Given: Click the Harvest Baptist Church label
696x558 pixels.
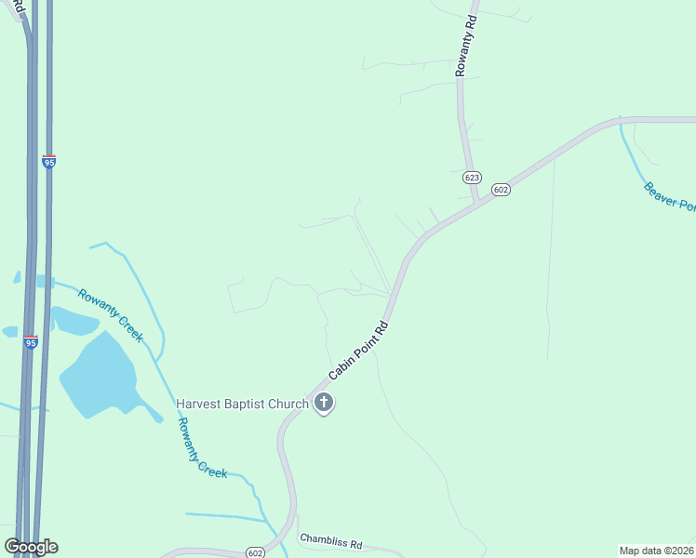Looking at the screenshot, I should pyautogui.click(x=242, y=404).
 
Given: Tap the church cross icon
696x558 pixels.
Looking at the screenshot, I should pyautogui.click(x=324, y=403).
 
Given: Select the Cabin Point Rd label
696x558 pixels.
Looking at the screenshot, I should pyautogui.click(x=358, y=352).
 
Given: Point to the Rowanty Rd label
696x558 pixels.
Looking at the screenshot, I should pyautogui.click(x=465, y=45).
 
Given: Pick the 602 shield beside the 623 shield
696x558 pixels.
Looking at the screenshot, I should pyautogui.click(x=502, y=190).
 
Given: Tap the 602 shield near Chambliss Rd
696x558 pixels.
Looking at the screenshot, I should pyautogui.click(x=256, y=552).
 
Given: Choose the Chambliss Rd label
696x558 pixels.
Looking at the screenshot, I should pyautogui.click(x=330, y=540).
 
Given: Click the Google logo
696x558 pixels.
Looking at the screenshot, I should pyautogui.click(x=32, y=546).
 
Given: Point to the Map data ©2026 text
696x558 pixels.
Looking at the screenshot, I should pyautogui.click(x=656, y=551).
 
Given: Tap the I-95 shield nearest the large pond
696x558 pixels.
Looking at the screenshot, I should pyautogui.click(x=32, y=342).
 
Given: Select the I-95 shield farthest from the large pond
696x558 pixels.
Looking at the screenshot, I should pyautogui.click(x=48, y=161).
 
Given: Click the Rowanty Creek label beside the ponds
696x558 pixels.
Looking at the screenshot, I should pyautogui.click(x=110, y=315).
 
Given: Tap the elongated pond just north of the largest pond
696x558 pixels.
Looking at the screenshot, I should pyautogui.click(x=74, y=321).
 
